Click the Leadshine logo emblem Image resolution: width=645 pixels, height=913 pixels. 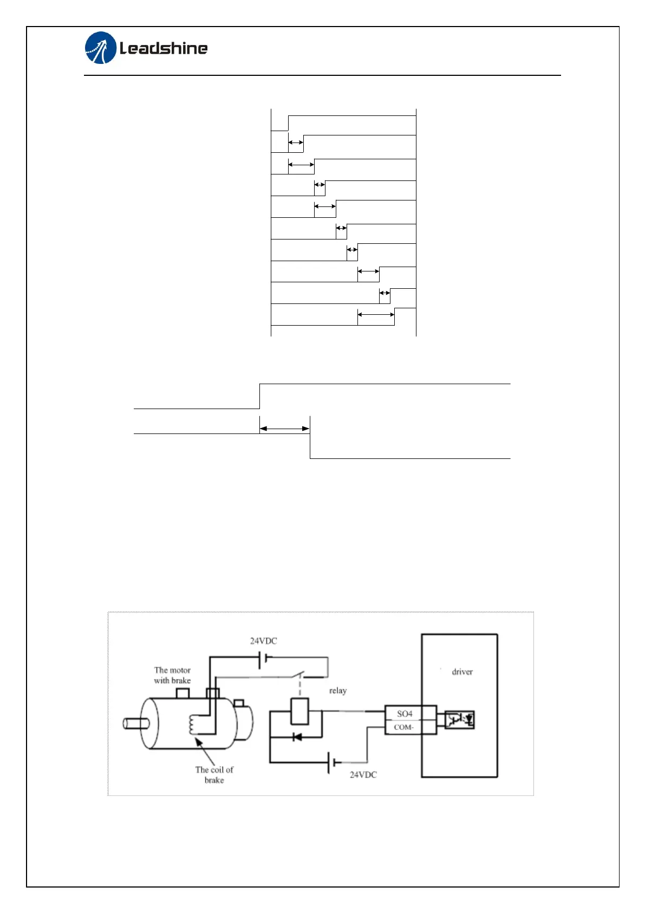[101, 48]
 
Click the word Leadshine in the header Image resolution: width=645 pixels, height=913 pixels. [164, 49]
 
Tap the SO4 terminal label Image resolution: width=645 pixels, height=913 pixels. [405, 714]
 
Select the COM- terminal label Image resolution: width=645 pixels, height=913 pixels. [403, 727]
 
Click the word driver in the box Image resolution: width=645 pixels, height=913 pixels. [462, 672]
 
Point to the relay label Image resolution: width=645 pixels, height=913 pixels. [337, 691]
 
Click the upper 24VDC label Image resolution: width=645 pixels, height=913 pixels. [263, 641]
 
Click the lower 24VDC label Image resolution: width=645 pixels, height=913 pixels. [363, 775]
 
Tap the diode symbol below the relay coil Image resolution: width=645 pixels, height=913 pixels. [297, 737]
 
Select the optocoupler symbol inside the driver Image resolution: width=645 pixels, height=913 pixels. [459, 720]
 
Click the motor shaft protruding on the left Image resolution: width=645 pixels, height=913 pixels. [133, 723]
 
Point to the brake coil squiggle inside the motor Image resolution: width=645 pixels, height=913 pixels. [193, 725]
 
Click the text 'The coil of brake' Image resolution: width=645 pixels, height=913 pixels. [214, 775]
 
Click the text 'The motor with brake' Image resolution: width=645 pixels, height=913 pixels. [172, 675]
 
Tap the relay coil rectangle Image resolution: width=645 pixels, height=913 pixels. [299, 711]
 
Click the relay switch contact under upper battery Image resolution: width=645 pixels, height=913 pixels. [299, 675]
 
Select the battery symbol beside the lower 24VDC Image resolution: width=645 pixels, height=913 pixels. [331, 763]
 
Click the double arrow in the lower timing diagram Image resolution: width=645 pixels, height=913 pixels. [284, 429]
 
